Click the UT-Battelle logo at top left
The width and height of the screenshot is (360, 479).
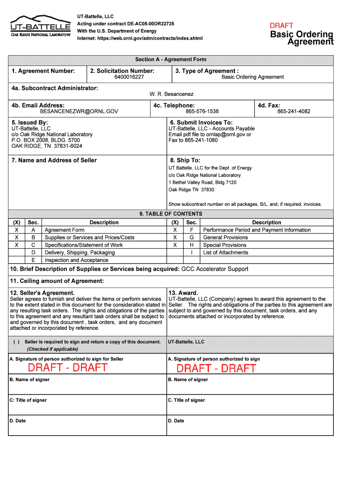(x=40, y=26)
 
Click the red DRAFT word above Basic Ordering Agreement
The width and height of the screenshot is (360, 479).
(x=281, y=26)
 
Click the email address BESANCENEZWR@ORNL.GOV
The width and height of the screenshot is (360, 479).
(x=79, y=112)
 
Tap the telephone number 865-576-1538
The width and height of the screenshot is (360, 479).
(x=202, y=112)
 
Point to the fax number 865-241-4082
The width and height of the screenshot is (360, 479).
(x=294, y=112)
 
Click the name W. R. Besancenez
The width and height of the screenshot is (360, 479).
(x=171, y=94)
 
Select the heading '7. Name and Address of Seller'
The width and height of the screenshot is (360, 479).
(x=54, y=160)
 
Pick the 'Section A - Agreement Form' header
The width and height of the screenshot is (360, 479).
(x=171, y=60)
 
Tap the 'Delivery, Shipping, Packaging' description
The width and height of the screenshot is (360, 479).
(x=79, y=253)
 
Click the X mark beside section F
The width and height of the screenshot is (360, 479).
(x=175, y=230)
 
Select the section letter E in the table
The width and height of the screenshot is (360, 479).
(x=33, y=260)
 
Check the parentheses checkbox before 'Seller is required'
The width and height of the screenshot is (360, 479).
(x=16, y=342)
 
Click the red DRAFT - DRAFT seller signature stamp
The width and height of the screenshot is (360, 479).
(x=67, y=368)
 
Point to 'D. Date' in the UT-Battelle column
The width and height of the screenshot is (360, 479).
(x=176, y=421)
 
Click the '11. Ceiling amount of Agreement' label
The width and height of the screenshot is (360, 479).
(x=57, y=281)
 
